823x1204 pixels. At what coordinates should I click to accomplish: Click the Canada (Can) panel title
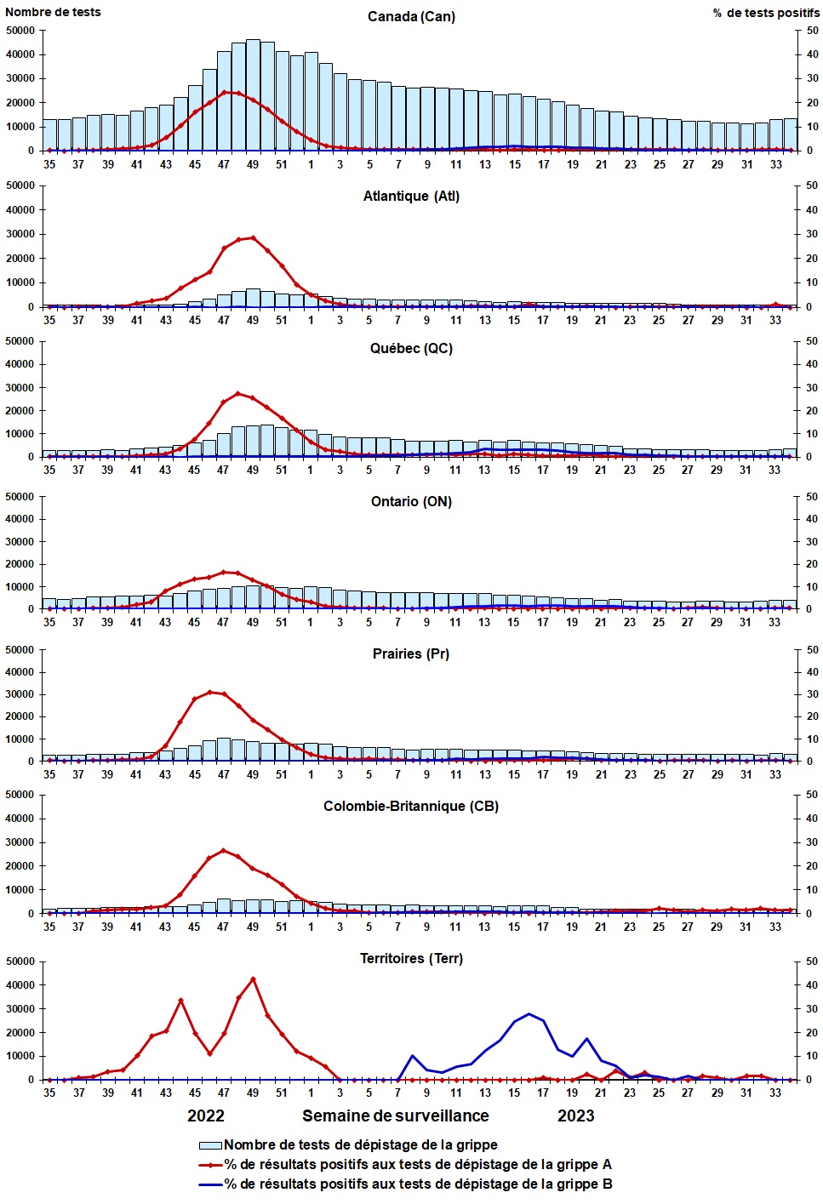pyautogui.click(x=411, y=17)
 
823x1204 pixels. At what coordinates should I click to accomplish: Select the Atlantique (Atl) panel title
pyautogui.click(x=411, y=197)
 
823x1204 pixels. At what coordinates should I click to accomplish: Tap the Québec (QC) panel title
pyautogui.click(x=411, y=349)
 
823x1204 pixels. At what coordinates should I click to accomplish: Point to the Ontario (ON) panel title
pyautogui.click(x=411, y=502)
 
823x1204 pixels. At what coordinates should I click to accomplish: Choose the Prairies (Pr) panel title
pyautogui.click(x=411, y=654)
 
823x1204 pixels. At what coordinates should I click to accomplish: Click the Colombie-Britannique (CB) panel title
pyautogui.click(x=411, y=807)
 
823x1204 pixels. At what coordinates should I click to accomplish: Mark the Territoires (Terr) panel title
pyautogui.click(x=411, y=959)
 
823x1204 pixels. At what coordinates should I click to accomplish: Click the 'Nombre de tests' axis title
pyautogui.click(x=53, y=12)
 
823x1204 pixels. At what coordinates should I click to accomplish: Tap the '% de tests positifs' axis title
pyautogui.click(x=766, y=13)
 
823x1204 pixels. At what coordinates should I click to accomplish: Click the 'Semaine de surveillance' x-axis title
pyautogui.click(x=396, y=1116)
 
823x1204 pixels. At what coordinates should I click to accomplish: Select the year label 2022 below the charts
pyautogui.click(x=206, y=1116)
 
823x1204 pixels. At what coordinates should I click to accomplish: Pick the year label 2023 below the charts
pyautogui.click(x=576, y=1116)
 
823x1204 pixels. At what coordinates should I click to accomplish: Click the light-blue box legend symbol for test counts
pyautogui.click(x=210, y=1146)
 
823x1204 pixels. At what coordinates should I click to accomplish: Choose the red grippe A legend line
pyautogui.click(x=210, y=1165)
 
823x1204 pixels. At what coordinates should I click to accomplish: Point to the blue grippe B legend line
pyautogui.click(x=210, y=1184)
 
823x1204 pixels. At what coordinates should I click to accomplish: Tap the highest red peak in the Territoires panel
pyautogui.click(x=253, y=979)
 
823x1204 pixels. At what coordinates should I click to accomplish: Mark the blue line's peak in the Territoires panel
pyautogui.click(x=529, y=1014)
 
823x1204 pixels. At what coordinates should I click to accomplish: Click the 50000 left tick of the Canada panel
pyautogui.click(x=20, y=31)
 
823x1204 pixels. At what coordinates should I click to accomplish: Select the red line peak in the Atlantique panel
pyautogui.click(x=253, y=237)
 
